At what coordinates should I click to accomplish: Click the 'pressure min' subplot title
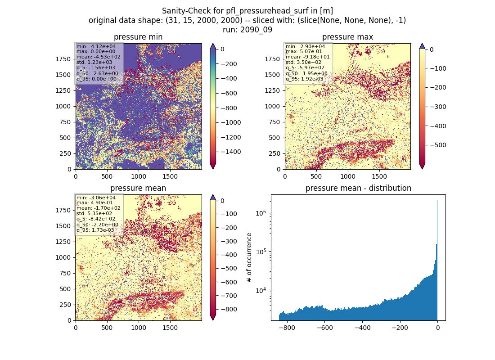(138, 37)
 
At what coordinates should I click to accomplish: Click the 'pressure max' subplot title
(347, 37)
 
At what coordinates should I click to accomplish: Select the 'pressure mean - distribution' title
(358, 188)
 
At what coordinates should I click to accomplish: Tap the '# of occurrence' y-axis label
(249, 258)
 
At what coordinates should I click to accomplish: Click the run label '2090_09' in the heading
(256, 30)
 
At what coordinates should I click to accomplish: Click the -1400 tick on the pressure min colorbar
(231, 152)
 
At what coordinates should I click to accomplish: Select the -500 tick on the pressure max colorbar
(437, 145)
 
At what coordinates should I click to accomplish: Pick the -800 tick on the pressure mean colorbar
(228, 310)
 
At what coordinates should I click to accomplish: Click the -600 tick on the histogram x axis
(324, 328)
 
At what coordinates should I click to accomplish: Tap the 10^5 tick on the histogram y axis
(262, 252)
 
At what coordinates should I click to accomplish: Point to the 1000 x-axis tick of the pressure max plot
(347, 176)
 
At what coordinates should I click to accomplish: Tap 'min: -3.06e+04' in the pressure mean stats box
(96, 198)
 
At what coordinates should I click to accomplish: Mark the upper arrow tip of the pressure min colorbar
(213, 44)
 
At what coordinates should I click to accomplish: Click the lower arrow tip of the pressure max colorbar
(423, 169)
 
